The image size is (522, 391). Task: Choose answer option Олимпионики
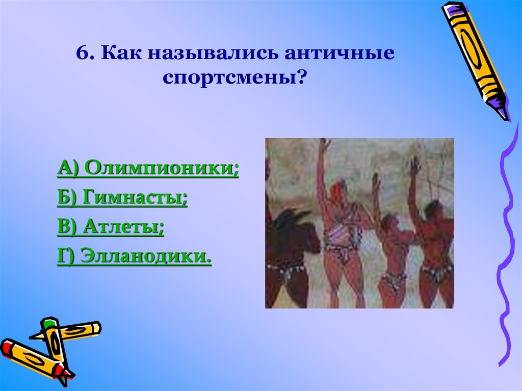coord(161,167)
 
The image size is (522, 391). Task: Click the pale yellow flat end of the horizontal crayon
coord(97,328)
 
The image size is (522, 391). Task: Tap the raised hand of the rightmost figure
coord(414,166)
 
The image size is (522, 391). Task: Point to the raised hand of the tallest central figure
coord(324,145)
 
